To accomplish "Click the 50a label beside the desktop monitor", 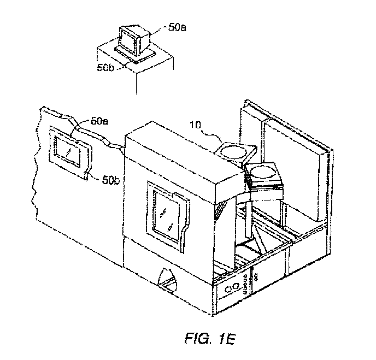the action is (x=177, y=27).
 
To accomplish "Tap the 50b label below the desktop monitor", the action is (x=106, y=68).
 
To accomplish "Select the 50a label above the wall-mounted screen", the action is (x=99, y=121).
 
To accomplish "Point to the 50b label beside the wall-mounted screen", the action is (x=111, y=180).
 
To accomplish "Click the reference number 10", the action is (x=195, y=125).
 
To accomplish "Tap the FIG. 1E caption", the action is (x=210, y=339).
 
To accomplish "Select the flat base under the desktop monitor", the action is (x=135, y=55).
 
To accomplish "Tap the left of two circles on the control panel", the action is (x=229, y=290).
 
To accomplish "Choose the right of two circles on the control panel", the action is (x=236, y=286).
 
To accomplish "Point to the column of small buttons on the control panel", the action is (x=245, y=284).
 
